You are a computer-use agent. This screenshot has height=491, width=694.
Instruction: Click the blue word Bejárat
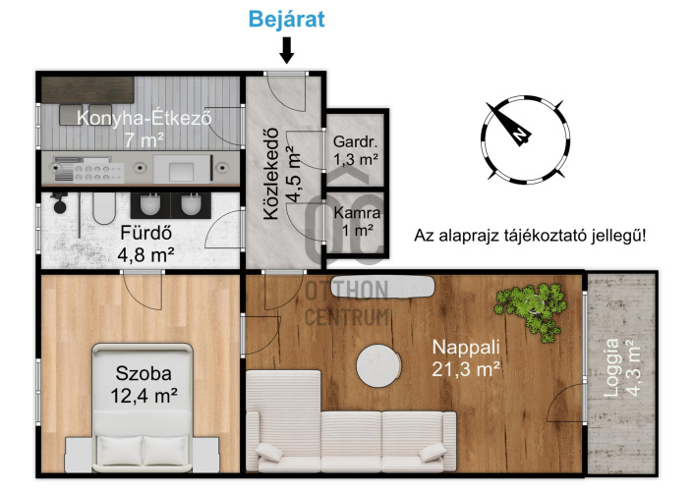pos(286,19)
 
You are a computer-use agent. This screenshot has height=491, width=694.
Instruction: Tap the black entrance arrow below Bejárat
pos(287,50)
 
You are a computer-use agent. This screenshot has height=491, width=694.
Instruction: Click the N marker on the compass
pos(521,134)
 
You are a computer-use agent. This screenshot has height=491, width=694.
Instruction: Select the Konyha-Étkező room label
pos(144,118)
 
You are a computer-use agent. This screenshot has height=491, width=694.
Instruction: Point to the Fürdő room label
pos(146,233)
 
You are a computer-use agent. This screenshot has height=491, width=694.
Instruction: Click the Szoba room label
pos(144,374)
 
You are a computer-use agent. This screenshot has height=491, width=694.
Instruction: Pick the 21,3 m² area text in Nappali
pos(466,369)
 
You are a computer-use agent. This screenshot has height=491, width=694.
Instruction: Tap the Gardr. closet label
pos(355,142)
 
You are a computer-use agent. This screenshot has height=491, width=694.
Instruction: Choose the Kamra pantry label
pos(357,213)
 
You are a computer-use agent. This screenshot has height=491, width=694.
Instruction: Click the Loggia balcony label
pos(612,367)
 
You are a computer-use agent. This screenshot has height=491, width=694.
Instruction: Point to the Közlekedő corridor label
pos(271,174)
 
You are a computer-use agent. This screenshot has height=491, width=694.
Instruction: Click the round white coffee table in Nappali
pos(378,366)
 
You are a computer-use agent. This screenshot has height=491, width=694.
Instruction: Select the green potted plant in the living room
pos(531,309)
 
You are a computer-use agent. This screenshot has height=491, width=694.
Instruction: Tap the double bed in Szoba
pos(143,408)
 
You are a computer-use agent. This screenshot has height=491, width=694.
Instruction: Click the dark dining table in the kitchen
pos(87,89)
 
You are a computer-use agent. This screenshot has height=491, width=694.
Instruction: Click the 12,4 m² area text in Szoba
pos(144,396)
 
